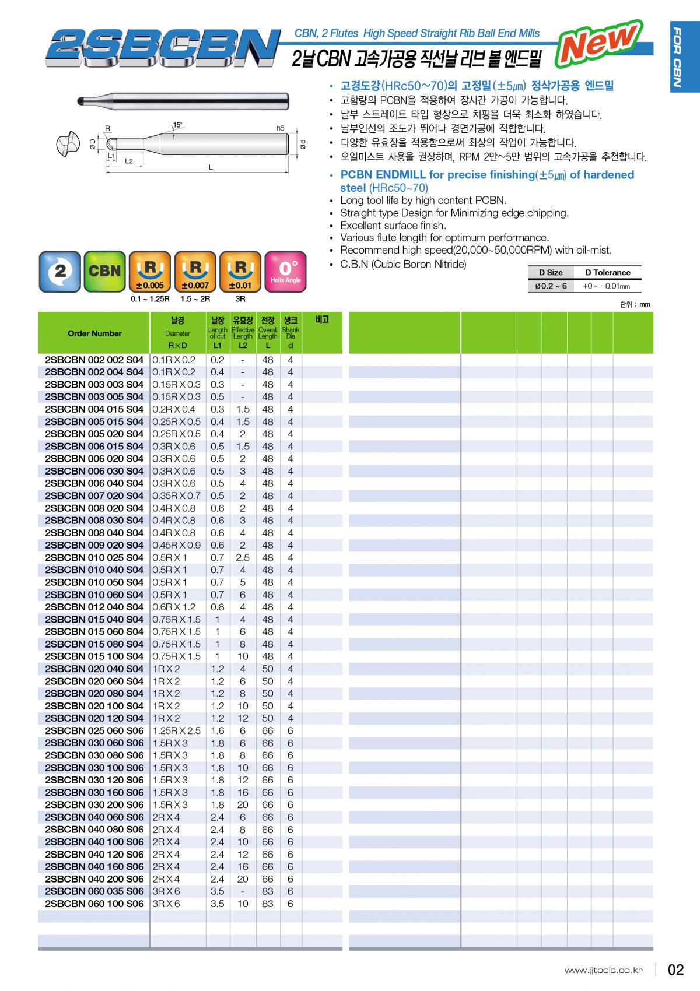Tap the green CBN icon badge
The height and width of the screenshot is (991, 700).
tap(104, 271)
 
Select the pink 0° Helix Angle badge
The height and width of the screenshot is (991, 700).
tap(285, 271)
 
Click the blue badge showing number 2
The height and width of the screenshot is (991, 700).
tap(60, 271)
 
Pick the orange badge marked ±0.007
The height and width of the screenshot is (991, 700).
tap(195, 271)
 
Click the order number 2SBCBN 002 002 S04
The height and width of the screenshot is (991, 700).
tap(94, 360)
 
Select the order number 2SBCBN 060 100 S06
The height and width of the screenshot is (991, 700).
tap(94, 904)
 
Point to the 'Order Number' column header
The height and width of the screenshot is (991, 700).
tap(94, 333)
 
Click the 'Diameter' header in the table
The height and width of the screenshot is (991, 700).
tap(177, 333)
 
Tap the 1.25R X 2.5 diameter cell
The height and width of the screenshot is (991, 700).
tap(176, 730)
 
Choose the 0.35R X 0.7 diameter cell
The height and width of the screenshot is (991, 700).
tap(176, 495)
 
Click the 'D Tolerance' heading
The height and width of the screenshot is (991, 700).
tap(608, 272)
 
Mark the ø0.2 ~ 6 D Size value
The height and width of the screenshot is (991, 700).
tap(551, 286)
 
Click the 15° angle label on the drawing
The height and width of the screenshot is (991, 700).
tap(177, 125)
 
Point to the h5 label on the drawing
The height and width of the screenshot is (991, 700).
tap(280, 128)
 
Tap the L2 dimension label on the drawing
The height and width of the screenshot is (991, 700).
tap(129, 161)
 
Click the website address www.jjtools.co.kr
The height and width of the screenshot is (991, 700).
tap(603, 970)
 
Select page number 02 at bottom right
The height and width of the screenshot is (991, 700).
tap(675, 969)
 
